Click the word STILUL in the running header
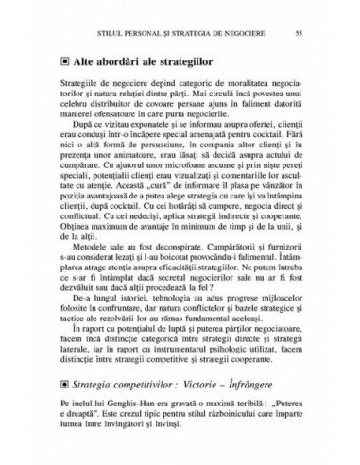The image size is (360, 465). pyautogui.click(x=71, y=33)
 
